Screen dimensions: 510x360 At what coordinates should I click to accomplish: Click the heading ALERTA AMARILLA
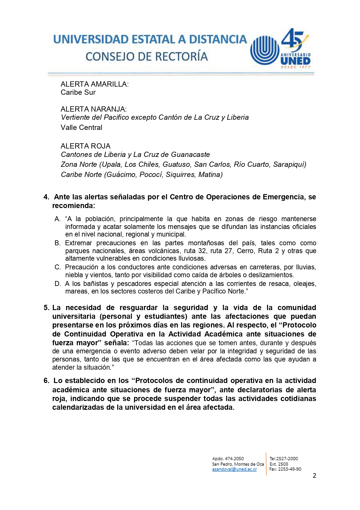[94, 84]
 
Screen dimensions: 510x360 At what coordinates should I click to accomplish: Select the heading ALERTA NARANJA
[93, 109]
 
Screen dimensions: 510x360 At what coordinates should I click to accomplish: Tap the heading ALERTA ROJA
[86, 146]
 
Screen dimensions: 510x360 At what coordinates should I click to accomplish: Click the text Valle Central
[82, 128]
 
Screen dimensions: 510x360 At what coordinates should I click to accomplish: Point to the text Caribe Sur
[78, 92]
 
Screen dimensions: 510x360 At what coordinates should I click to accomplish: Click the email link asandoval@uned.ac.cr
[234, 469]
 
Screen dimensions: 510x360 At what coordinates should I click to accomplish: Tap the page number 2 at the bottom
[314, 476]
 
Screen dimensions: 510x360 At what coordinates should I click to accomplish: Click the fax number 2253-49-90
[289, 469]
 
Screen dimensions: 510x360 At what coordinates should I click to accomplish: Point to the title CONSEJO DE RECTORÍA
[147, 57]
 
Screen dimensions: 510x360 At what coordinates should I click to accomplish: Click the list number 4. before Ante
[46, 197]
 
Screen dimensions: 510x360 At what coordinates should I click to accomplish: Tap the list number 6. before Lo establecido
[46, 381]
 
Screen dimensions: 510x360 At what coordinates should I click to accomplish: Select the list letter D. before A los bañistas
[57, 284]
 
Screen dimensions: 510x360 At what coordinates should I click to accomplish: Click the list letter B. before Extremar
[57, 243]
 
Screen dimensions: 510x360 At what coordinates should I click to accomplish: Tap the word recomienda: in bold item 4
[74, 206]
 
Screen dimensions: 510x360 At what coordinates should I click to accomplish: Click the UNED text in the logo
[295, 61]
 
